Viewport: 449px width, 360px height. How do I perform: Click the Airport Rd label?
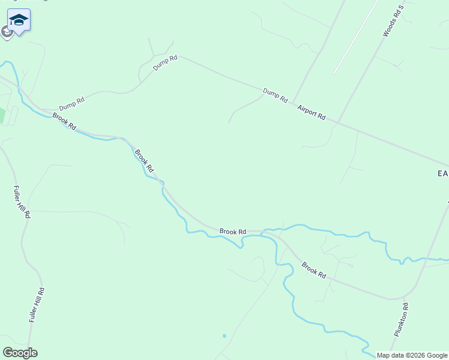tap(312, 112)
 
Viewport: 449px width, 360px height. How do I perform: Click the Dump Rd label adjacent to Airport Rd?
tap(276, 95)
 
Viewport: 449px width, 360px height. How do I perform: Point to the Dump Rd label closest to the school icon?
tap(71, 103)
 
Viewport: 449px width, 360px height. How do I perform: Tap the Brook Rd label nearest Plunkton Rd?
tap(313, 270)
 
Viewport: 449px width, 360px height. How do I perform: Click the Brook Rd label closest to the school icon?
tap(64, 122)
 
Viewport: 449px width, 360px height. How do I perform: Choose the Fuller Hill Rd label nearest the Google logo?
tap(37, 305)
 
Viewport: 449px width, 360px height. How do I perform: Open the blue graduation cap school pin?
tap(19, 20)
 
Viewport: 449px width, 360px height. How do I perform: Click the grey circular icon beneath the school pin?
tap(7, 32)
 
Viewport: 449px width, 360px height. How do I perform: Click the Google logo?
tap(20, 353)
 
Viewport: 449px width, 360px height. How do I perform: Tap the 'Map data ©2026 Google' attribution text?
tap(412, 355)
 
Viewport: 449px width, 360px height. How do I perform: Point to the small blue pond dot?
tap(224, 336)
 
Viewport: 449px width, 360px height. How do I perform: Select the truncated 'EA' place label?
tap(443, 173)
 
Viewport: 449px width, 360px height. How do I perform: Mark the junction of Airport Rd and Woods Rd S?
tap(339, 122)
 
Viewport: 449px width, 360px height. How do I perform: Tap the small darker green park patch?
tap(2, 115)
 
